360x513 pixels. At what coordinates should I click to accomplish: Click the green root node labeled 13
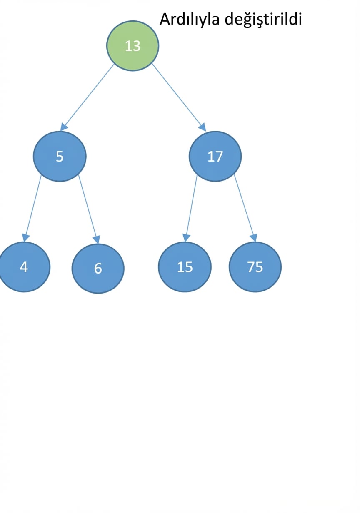[132, 46]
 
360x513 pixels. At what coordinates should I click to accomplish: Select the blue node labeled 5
[60, 157]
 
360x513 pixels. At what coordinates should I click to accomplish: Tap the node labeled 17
[215, 157]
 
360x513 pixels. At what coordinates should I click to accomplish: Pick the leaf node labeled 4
[24, 267]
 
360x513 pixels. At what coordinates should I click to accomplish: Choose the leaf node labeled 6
[98, 269]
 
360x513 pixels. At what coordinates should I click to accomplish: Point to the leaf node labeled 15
[185, 267]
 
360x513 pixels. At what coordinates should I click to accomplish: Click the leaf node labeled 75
[255, 267]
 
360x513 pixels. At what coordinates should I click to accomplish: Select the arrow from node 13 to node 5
[87, 97]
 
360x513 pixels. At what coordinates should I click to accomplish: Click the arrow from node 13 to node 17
[179, 97]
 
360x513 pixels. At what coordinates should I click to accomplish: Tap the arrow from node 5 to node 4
[32, 208]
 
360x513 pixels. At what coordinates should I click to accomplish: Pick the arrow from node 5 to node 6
[89, 209]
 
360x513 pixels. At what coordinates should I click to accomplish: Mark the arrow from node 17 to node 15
[191, 208]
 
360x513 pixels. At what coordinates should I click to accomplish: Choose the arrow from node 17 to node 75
[245, 208]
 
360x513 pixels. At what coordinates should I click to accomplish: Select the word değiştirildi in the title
[263, 20]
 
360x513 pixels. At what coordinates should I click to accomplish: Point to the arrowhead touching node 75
[253, 238]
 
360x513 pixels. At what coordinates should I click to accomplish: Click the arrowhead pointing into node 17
[202, 127]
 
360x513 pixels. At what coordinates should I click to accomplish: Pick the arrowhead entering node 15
[186, 238]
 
